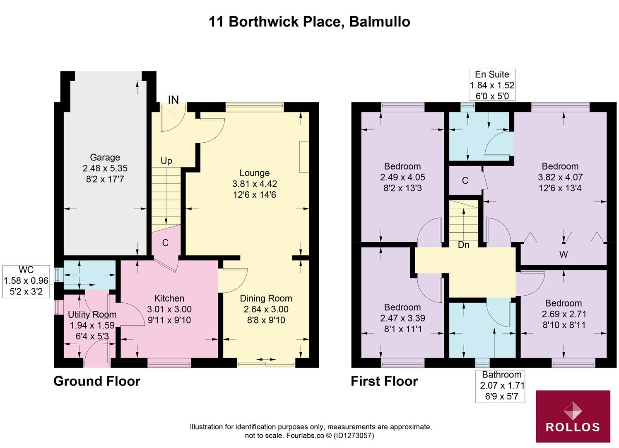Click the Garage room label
point(105,158)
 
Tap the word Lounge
point(254,173)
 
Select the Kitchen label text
point(169,298)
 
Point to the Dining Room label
point(266,298)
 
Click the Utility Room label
point(92,314)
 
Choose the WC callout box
point(26,281)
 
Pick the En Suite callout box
point(491,85)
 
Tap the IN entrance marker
point(173,100)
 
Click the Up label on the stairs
point(166,161)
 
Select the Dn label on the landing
point(463,245)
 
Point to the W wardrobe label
point(563,255)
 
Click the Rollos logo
point(573,416)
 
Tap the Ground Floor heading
point(97,381)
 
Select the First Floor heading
point(384,381)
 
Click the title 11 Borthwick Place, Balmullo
point(309,22)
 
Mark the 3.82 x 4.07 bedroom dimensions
point(560,177)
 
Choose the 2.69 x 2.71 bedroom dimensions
point(563,314)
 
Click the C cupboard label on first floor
point(465,181)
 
